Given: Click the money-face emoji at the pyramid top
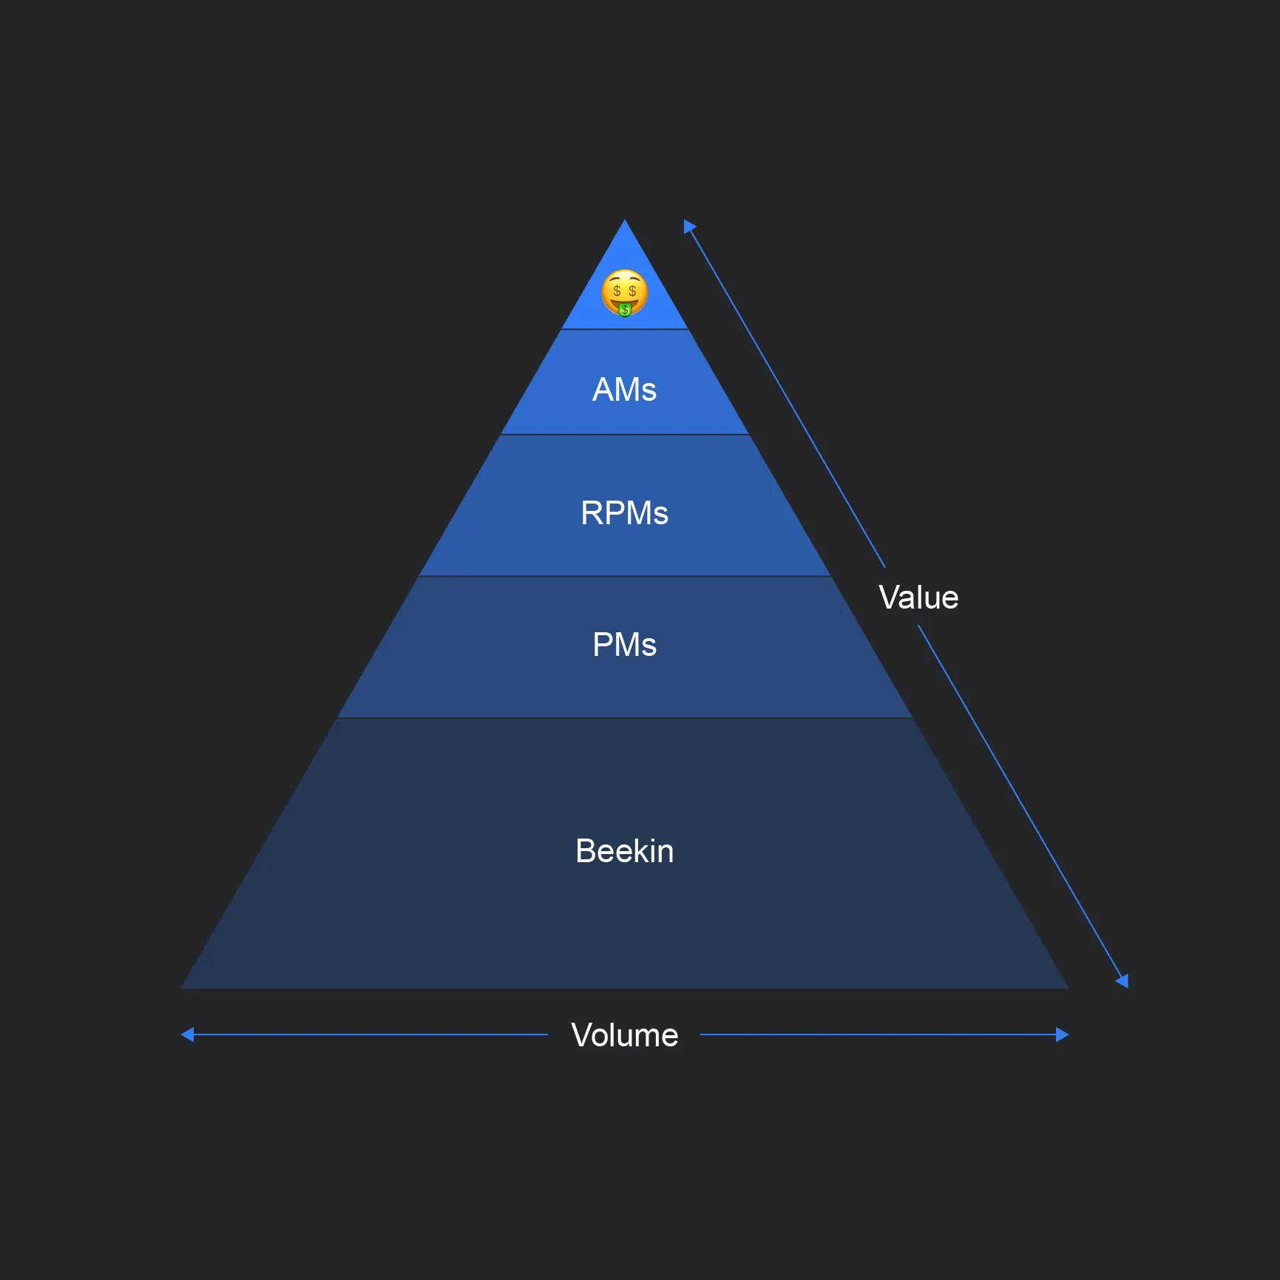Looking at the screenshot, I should (624, 291).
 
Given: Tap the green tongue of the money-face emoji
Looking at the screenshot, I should (625, 309).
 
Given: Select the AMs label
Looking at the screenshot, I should (624, 390).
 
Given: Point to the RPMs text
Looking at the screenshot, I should (624, 513).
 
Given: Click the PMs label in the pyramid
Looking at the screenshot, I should (624, 645).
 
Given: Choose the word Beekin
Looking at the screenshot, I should (624, 851).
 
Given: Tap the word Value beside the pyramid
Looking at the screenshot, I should (918, 597).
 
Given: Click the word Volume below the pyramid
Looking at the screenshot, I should (624, 1035).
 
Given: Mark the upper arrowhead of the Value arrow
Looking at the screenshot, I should (688, 226).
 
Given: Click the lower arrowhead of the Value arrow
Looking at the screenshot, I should (1122, 981).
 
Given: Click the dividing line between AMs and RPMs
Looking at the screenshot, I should (625, 434).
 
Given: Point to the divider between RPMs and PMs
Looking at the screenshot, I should (625, 576).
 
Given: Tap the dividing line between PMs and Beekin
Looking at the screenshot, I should (625, 717).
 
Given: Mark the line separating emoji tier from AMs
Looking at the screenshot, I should (625, 329).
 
